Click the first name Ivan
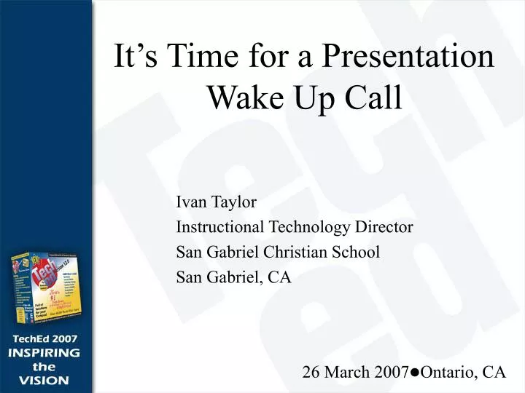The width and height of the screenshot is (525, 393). click(x=190, y=202)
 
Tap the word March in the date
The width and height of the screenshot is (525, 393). click(x=345, y=372)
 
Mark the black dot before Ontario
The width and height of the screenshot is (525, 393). click(x=413, y=373)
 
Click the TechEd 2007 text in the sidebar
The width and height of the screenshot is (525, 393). click(x=44, y=339)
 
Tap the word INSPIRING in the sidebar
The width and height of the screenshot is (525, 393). click(x=44, y=353)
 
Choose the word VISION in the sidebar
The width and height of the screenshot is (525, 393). click(x=44, y=380)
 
